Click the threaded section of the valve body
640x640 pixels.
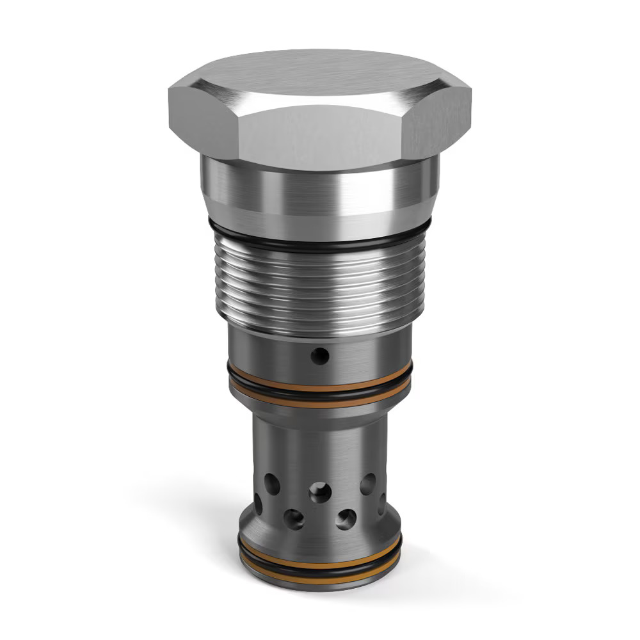(320, 288)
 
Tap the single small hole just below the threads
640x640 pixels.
(319, 355)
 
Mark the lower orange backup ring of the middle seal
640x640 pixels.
(320, 399)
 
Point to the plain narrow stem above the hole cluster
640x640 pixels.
(320, 442)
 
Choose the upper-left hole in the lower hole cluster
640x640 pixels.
(272, 483)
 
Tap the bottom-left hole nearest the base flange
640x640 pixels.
(294, 518)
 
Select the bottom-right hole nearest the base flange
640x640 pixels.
(346, 518)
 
